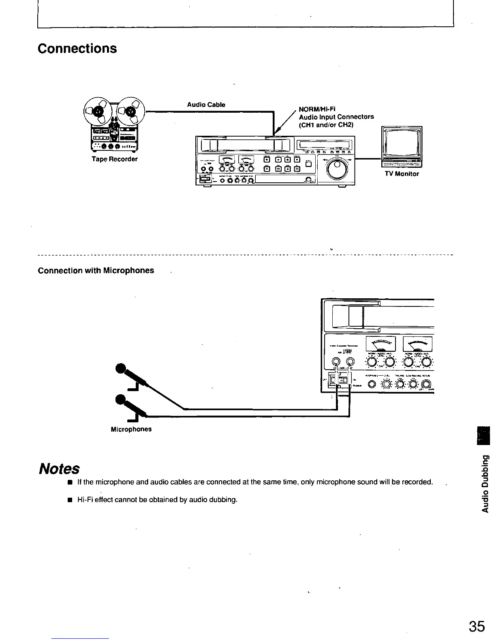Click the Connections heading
pyautogui.click(x=77, y=48)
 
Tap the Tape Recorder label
pyautogui.click(x=114, y=159)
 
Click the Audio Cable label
pyautogui.click(x=206, y=105)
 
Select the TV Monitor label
pyautogui.click(x=402, y=174)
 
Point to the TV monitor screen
pyautogui.click(x=401, y=143)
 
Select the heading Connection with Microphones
pyautogui.click(x=96, y=270)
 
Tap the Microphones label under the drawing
pyautogui.click(x=131, y=429)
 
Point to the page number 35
pyautogui.click(x=477, y=627)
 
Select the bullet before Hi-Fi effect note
pyautogui.click(x=70, y=500)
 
